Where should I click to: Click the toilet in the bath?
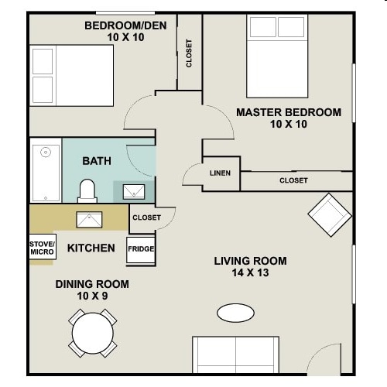tap(87, 191)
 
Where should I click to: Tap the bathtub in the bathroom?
tap(46, 170)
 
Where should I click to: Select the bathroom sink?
tap(134, 192)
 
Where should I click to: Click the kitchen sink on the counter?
tap(89, 220)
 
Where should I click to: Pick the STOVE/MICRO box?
tap(43, 247)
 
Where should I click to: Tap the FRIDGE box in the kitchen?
tap(141, 250)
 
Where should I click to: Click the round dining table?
tap(93, 333)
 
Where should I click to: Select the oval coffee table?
tap(235, 313)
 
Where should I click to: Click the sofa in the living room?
tap(235, 354)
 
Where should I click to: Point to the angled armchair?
tap(330, 215)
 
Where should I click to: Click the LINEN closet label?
tap(220, 173)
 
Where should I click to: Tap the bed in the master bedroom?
tap(277, 56)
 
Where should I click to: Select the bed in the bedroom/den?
tap(71, 76)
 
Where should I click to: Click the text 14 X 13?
tap(250, 272)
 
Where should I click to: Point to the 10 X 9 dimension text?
tap(92, 296)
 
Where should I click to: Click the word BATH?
tap(97, 161)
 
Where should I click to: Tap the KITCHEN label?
tap(91, 248)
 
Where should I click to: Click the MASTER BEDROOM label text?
tap(289, 112)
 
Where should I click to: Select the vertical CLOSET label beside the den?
tap(189, 53)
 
